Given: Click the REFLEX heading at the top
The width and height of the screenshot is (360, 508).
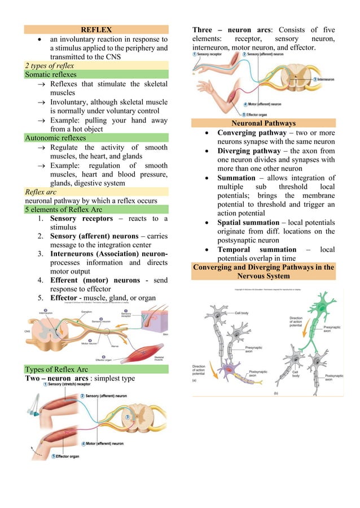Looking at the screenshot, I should [96, 29].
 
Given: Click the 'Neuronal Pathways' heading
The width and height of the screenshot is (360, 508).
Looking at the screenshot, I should [264, 123].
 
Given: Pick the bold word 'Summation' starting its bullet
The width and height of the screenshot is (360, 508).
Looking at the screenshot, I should [236, 178].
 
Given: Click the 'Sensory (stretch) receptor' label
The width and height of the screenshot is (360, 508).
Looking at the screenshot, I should [70, 385].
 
